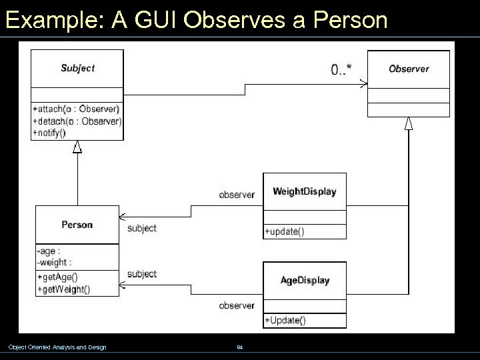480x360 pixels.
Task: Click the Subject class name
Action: [x=77, y=68]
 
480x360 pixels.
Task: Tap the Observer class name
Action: [x=409, y=69]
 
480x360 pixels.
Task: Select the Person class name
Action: [x=77, y=225]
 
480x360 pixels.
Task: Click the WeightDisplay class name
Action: [x=305, y=191]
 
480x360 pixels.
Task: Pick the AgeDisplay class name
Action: [x=305, y=281]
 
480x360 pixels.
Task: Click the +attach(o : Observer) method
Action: [x=75, y=109]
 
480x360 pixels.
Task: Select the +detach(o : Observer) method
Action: [x=77, y=121]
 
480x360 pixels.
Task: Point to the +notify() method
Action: [x=49, y=133]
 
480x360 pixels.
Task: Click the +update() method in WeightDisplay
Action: [x=285, y=232]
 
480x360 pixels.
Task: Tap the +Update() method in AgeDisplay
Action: [x=285, y=321]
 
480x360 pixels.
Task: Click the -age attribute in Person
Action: [x=48, y=251]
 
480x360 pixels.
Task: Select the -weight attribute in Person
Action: [x=54, y=263]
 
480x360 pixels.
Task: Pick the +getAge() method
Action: [x=57, y=277]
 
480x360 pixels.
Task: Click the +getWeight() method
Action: [x=63, y=289]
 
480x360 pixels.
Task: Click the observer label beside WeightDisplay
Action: [x=237, y=195]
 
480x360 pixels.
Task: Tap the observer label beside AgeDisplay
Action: [x=237, y=305]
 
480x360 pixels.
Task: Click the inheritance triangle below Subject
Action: [x=77, y=147]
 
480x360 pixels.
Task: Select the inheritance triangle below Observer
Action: [x=409, y=123]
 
